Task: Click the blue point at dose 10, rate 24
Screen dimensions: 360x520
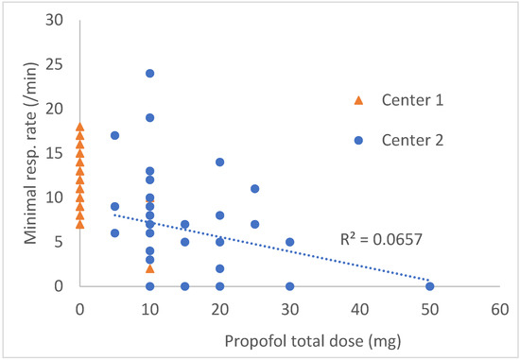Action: pos(149,74)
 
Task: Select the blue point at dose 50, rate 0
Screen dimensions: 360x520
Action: pos(429,286)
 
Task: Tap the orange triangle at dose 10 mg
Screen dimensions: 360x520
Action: pos(149,268)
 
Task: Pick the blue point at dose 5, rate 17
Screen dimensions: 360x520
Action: pos(114,135)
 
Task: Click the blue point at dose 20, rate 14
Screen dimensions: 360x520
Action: pos(219,163)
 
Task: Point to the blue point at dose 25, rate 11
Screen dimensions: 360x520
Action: pos(255,189)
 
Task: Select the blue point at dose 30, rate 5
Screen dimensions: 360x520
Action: pos(289,242)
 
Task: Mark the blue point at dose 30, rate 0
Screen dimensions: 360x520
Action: pos(289,286)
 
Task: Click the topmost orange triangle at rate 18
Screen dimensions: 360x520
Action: pos(79,127)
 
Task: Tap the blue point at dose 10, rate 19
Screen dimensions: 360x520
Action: pos(149,118)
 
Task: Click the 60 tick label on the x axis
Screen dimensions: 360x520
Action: pos(499,309)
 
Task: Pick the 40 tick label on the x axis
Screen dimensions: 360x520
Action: pos(359,309)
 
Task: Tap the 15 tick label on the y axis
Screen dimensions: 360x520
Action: pos(56,153)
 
